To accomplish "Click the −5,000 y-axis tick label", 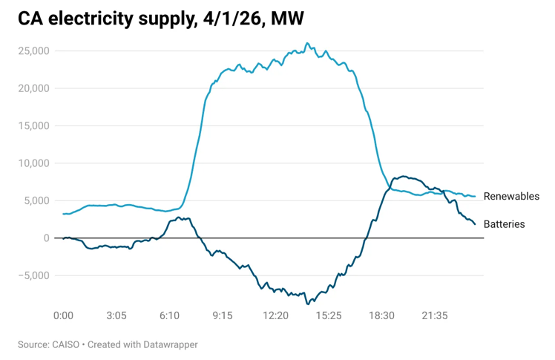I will pyautogui.click(x=33, y=275).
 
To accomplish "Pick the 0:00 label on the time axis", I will pyautogui.click(x=64, y=315).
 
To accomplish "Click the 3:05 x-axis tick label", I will pyautogui.click(x=116, y=315).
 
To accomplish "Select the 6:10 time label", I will pyautogui.click(x=169, y=315).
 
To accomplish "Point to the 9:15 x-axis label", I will pyautogui.click(x=223, y=315).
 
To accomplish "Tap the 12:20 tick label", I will pyautogui.click(x=275, y=315).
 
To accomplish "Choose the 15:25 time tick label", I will pyautogui.click(x=329, y=315).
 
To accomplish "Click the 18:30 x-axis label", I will pyautogui.click(x=381, y=315).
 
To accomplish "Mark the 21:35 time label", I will pyautogui.click(x=435, y=315).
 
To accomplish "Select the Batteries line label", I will pyautogui.click(x=504, y=224).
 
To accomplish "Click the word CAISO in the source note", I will pyautogui.click(x=68, y=344).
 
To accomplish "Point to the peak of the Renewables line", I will pyautogui.click(x=306, y=43).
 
